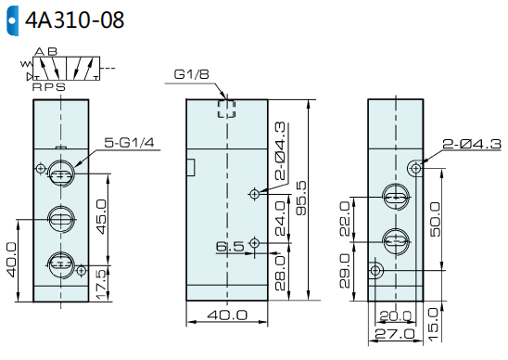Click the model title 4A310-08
(74, 20)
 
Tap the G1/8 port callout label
(192, 74)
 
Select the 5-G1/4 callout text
(129, 142)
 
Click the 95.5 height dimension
(301, 198)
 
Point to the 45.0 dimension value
(102, 217)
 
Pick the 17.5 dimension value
(102, 285)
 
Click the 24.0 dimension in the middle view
(280, 218)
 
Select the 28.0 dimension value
(280, 273)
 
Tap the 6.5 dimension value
(230, 247)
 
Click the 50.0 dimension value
(436, 219)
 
